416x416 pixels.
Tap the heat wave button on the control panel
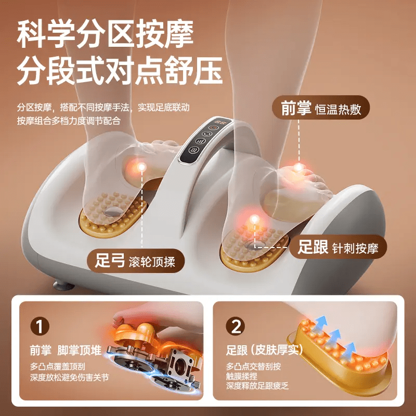coord(193,150)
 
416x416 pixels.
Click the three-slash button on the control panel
coord(201,141)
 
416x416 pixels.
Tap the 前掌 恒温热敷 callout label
coord(321,108)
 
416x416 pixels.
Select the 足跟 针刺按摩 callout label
coord(337,247)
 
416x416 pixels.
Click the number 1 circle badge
coord(40,327)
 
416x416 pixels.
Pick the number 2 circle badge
coord(236,327)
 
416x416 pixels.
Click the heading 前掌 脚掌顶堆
coord(66,350)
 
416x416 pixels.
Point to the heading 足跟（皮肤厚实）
coord(264,350)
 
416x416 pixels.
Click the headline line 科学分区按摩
coord(105,34)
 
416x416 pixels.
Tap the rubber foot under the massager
coord(63,287)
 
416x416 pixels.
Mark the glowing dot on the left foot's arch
coord(141,166)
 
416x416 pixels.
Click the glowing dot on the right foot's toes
coord(298,167)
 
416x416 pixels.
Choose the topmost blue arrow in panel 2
coord(321,322)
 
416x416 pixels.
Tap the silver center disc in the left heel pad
coord(114,212)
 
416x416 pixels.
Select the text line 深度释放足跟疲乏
coord(257,385)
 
